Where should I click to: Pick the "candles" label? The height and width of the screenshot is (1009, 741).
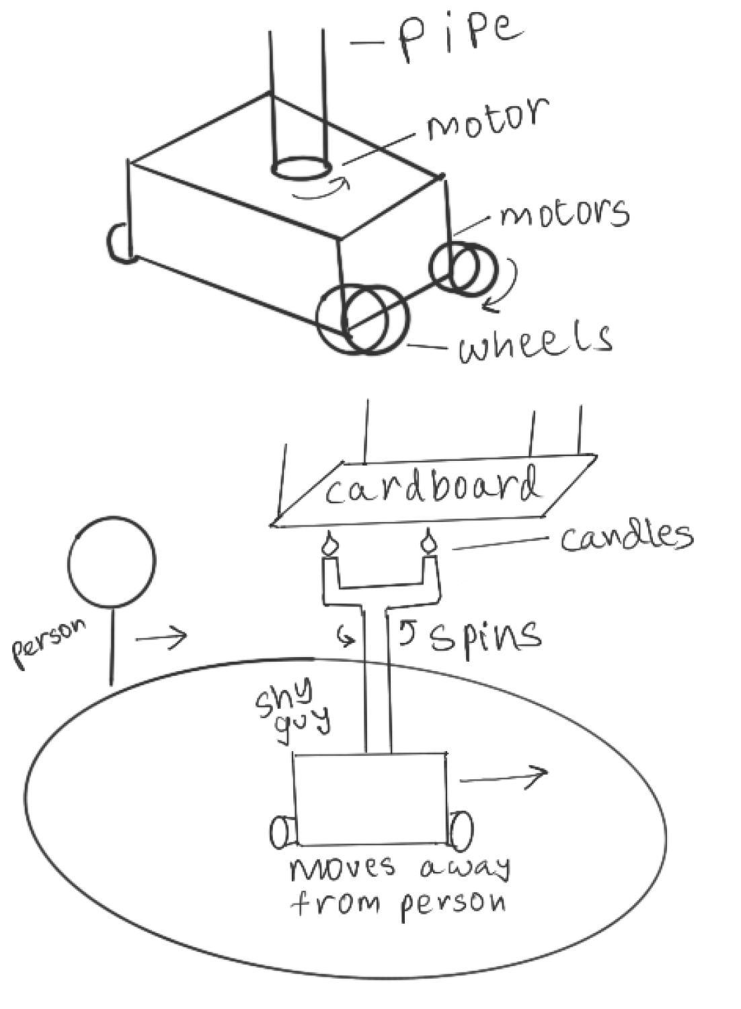pyautogui.click(x=625, y=536)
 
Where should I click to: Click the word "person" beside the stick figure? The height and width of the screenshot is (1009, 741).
pyautogui.click(x=50, y=642)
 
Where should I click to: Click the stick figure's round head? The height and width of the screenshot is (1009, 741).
pyautogui.click(x=112, y=561)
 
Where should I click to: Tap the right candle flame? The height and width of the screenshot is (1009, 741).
pyautogui.click(x=428, y=541)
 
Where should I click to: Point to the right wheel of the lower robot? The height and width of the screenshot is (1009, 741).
pyautogui.click(x=461, y=831)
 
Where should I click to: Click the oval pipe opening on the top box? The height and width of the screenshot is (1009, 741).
pyautogui.click(x=301, y=168)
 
